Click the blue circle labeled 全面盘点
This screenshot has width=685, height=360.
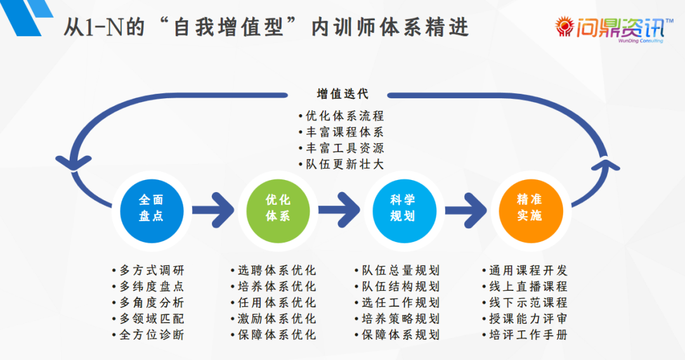pyautogui.click(x=151, y=208)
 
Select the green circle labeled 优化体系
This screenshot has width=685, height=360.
pyautogui.click(x=278, y=208)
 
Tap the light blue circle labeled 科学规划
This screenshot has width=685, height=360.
pyautogui.click(x=403, y=208)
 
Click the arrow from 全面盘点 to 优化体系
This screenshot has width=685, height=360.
pyautogui.click(x=213, y=210)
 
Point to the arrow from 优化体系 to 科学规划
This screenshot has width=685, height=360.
pyautogui.click(x=340, y=210)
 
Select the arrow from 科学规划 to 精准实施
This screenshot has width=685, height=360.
pyautogui.click(x=467, y=210)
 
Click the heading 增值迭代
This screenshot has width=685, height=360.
pyautogui.click(x=342, y=94)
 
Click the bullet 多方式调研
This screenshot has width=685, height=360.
pyautogui.click(x=152, y=271)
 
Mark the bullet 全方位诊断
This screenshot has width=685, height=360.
pyautogui.click(x=152, y=334)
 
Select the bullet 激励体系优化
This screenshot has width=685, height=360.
pyautogui.click(x=277, y=318)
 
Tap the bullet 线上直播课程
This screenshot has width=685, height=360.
pyautogui.click(x=528, y=286)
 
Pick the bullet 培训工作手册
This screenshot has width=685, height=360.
pyautogui.click(x=528, y=334)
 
